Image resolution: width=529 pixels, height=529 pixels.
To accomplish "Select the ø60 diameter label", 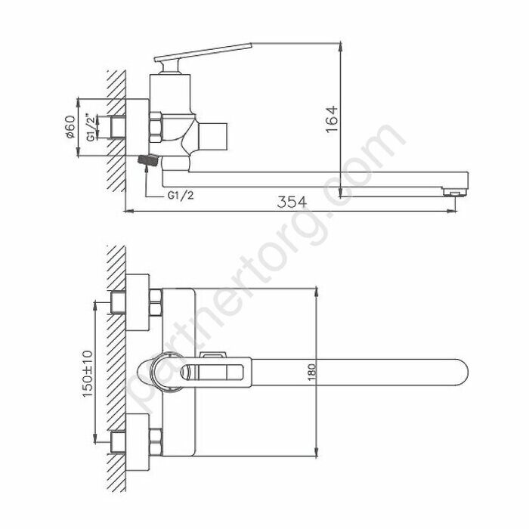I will coord(69,128).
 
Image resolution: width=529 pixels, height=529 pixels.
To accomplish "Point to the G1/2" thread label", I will coord(90,127).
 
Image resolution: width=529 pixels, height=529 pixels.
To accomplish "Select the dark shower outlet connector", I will coord(148,161).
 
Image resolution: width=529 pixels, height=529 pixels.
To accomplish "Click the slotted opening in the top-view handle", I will coord(219,373).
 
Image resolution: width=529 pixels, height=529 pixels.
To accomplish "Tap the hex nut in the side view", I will coord(156,126).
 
